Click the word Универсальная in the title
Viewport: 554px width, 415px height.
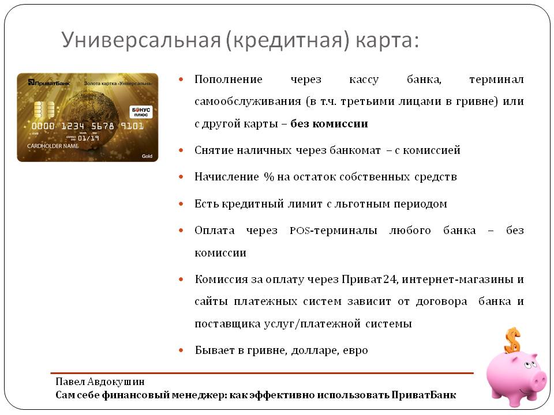pyautogui.click(x=141, y=40)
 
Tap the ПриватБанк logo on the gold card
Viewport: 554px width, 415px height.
pyautogui.click(x=49, y=83)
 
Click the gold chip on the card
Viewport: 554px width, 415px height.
pyautogui.click(x=44, y=110)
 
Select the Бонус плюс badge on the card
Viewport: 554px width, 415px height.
pyautogui.click(x=141, y=111)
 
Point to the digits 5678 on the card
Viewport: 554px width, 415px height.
pyautogui.click(x=103, y=126)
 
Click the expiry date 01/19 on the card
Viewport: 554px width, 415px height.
pyautogui.click(x=88, y=138)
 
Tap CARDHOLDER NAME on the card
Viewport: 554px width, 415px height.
pyautogui.click(x=53, y=146)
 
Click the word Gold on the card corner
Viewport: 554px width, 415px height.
pyautogui.click(x=147, y=156)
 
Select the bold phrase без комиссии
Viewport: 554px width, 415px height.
pyautogui.click(x=329, y=123)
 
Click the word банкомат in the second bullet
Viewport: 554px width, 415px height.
pyautogui.click(x=355, y=150)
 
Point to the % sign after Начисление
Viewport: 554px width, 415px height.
pyautogui.click(x=269, y=176)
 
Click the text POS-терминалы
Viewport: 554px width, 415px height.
pyautogui.click(x=334, y=231)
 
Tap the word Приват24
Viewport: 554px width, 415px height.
pyautogui.click(x=369, y=279)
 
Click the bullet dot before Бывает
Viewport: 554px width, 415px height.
pyautogui.click(x=181, y=350)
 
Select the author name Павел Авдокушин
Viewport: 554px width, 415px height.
pyautogui.click(x=100, y=382)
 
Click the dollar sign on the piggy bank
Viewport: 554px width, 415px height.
pyautogui.click(x=512, y=340)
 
